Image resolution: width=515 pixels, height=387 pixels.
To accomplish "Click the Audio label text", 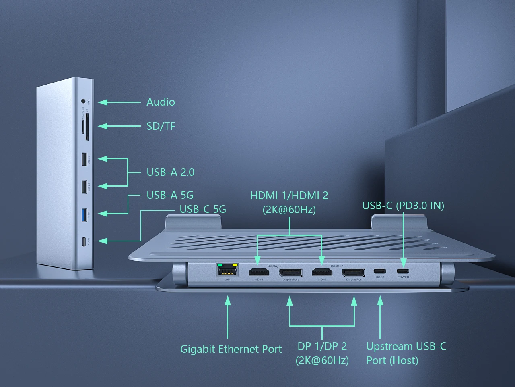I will click(x=161, y=102).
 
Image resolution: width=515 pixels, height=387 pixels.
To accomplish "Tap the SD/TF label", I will click(x=161, y=126).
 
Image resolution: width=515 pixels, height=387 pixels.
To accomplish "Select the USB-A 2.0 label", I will click(x=170, y=172).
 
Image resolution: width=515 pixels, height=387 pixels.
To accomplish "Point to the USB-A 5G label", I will click(x=170, y=195).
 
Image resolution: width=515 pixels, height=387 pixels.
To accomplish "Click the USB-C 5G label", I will click(x=203, y=209).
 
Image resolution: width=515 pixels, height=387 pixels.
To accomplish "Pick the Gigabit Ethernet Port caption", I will click(x=231, y=349).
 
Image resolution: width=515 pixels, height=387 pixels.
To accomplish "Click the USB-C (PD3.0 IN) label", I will click(x=403, y=206).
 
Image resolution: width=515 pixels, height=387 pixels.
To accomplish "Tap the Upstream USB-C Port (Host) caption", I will click(x=406, y=353).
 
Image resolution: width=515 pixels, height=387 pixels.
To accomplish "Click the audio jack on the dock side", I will click(x=83, y=101).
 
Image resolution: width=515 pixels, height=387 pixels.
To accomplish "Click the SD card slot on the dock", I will click(x=87, y=127).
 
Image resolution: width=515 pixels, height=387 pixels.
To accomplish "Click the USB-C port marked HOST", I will click(x=380, y=271).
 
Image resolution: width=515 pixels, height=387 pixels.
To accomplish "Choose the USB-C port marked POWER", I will click(x=403, y=271).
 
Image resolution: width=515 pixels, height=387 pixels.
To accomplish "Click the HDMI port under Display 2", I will click(x=259, y=273).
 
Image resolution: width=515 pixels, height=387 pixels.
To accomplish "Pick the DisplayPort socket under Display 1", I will click(x=354, y=273).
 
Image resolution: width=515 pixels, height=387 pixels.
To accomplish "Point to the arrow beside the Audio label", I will click(x=119, y=102).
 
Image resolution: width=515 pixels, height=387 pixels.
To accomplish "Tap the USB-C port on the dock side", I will click(x=84, y=242).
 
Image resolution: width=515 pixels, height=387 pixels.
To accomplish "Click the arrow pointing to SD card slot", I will click(x=119, y=126).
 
